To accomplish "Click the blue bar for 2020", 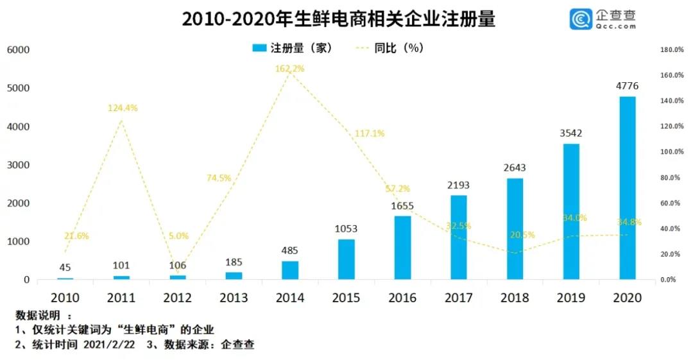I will point(627,188).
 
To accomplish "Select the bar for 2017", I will point(458,237).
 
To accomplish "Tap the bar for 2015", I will point(346,259).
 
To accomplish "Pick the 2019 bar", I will point(571,212).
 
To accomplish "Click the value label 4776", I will point(627,86).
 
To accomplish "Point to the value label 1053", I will point(346,228).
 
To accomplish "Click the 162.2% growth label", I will point(289,68).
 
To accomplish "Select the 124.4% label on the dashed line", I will point(122,108).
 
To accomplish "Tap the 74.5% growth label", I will point(219,178).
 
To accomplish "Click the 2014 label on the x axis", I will point(289,298).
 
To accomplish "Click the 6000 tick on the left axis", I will point(18,50).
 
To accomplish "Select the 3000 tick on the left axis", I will point(18,165).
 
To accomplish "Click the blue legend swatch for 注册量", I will point(260,48).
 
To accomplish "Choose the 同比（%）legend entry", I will point(391,48).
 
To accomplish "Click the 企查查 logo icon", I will point(581,19).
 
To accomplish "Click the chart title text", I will point(338,19).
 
